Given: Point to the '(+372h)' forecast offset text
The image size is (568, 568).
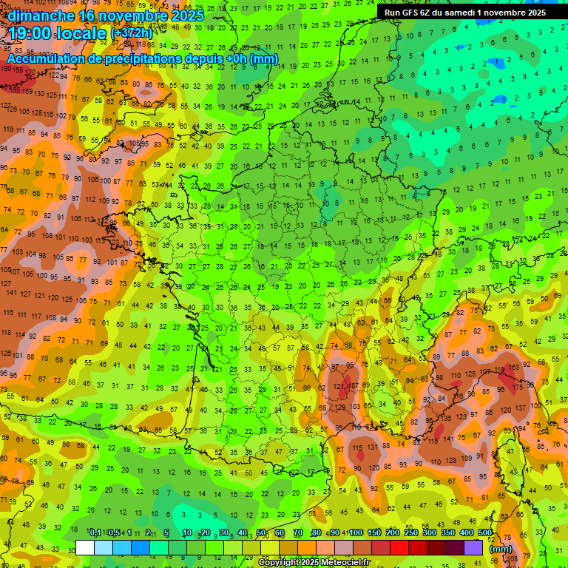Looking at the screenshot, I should [x=134, y=33].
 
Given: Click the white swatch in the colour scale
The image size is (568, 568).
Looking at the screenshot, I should [x=85, y=547].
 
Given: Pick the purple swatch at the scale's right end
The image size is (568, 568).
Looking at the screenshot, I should [x=473, y=547].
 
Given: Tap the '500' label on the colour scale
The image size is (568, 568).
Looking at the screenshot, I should [x=484, y=533].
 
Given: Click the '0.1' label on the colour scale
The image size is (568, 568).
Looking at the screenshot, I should [x=95, y=533].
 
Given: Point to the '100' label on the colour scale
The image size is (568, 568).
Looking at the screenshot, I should [x=355, y=533].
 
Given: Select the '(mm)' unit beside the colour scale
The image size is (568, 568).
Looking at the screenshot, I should [x=501, y=549].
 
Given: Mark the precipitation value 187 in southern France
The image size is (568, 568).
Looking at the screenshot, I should [x=354, y=386].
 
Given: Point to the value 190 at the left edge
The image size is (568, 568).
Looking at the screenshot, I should [x=6, y=69].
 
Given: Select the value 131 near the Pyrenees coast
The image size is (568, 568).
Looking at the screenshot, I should [x=373, y=446].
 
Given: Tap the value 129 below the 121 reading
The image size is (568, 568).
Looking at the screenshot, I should [x=340, y=408].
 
